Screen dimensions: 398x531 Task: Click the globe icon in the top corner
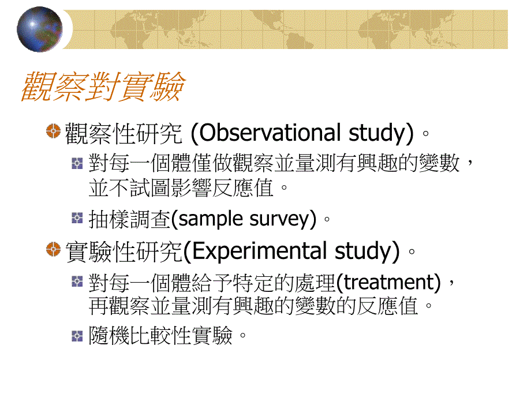[x=39, y=29]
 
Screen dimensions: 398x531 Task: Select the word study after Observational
[x=378, y=133]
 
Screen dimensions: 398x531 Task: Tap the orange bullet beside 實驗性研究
[x=54, y=250]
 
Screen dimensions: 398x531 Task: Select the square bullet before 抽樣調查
[x=77, y=218]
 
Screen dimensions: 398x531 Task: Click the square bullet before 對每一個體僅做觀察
[x=77, y=163]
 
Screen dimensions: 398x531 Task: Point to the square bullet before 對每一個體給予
[x=77, y=282]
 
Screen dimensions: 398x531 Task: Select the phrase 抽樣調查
[x=130, y=219]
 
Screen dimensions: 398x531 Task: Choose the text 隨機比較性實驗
[x=160, y=336]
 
